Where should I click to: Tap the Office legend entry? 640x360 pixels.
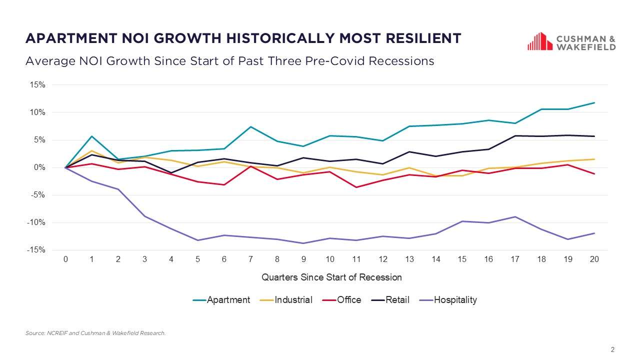pyautogui.click(x=342, y=300)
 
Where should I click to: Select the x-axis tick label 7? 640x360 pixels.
pyautogui.click(x=250, y=259)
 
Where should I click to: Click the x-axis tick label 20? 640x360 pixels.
pyautogui.click(x=594, y=259)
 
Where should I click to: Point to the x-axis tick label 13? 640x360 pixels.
pyautogui.click(x=409, y=259)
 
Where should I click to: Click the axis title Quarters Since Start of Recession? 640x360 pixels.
pyautogui.click(x=331, y=277)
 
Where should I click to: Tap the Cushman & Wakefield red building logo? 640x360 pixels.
pyautogui.click(x=539, y=41)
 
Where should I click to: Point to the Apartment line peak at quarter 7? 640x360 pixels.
pyautogui.click(x=250, y=126)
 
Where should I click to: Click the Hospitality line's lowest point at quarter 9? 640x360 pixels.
pyautogui.click(x=303, y=243)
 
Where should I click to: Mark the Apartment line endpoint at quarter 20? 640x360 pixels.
pyautogui.click(x=594, y=103)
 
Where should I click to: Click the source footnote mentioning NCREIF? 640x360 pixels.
pyautogui.click(x=95, y=333)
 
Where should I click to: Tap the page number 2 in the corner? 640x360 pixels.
pyautogui.click(x=612, y=349)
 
